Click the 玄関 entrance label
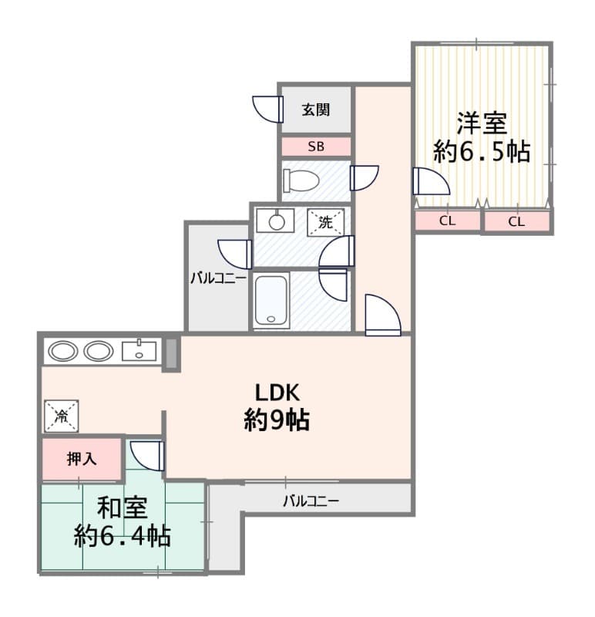coord(315,110)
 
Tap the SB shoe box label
coord(316,147)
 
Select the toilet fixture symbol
coord(301,180)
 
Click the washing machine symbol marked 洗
coord(325,222)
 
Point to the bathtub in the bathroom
coord(271,300)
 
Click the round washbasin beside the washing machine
coord(276,222)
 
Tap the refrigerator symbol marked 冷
coord(62,416)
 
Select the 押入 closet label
coord(82,459)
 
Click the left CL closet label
coord(447,221)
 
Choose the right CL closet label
coord(516,222)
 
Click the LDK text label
coord(277,392)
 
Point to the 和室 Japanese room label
coord(123,507)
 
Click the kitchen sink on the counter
coord(139,351)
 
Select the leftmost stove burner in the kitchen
coord(63,351)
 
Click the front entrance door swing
coord(268,109)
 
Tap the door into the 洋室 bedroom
coord(431,180)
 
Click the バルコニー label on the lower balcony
coord(311,501)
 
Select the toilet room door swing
coord(365,178)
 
